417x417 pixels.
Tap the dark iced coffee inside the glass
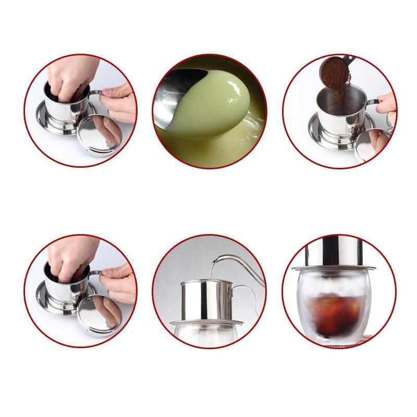coord(336,310)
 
